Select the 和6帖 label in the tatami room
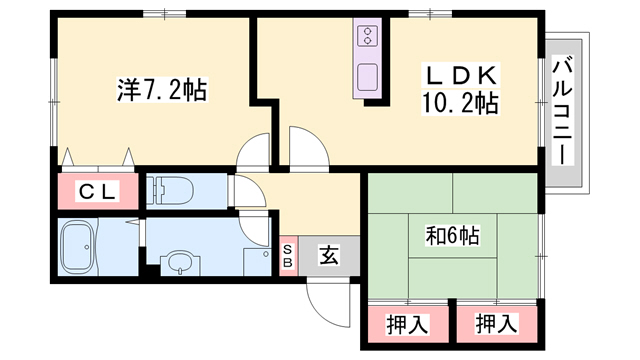coord(453,236)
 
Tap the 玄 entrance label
coord(329,255)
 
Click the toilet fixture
coord(174,190)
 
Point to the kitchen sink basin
coord(367,78)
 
